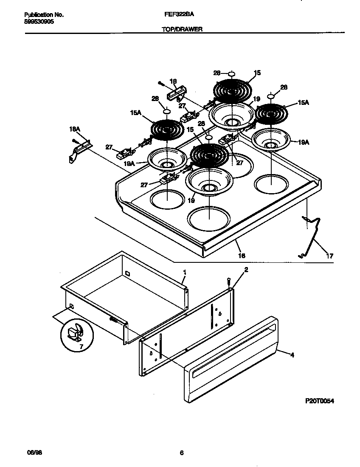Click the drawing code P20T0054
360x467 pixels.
pyautogui.click(x=319, y=400)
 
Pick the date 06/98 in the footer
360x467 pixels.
pyautogui.click(x=28, y=453)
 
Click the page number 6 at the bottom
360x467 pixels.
pyautogui.click(x=181, y=453)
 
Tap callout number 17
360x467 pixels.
pyautogui.click(x=329, y=256)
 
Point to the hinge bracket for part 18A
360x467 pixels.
pyautogui.click(x=78, y=150)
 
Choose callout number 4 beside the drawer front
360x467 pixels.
pyautogui.click(x=292, y=355)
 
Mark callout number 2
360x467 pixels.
pyautogui.click(x=246, y=269)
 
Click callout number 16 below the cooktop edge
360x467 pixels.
pyautogui.click(x=242, y=256)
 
